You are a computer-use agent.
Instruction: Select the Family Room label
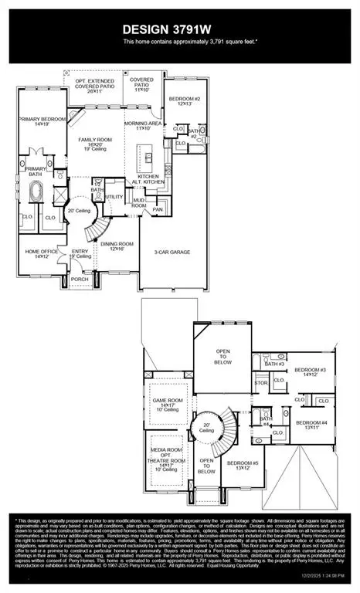[x=100, y=143]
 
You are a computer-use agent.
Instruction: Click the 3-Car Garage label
[x=172, y=252]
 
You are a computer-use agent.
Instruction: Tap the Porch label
[x=80, y=279]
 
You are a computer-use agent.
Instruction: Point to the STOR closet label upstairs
[x=261, y=382]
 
